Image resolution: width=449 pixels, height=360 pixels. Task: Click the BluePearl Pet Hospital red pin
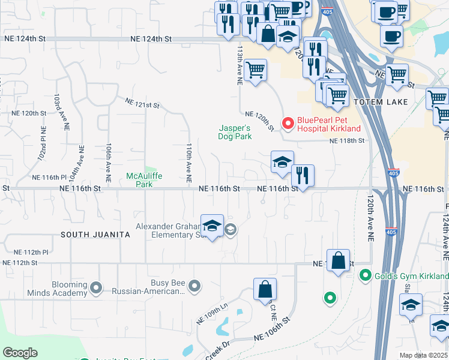288,124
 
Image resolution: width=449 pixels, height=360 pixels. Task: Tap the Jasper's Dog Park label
234,132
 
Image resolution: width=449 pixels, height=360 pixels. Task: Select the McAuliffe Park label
139,180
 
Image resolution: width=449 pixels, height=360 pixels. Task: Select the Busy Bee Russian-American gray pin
194,287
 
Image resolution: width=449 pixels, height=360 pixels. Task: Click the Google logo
20,353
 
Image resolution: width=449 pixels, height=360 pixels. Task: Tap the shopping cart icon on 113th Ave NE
256,70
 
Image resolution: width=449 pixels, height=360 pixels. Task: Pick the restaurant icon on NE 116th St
303,176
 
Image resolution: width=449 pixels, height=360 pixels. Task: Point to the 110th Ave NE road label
188,163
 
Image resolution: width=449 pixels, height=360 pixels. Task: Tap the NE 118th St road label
347,140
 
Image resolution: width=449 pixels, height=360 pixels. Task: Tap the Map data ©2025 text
424,355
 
